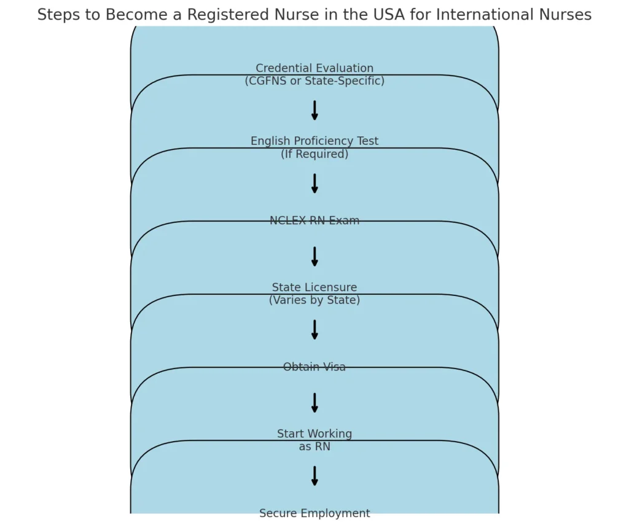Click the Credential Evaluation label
314,68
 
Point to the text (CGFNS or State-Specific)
314,81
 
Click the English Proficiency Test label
314,141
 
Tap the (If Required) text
314,154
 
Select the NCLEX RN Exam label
314,221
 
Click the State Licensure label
314,287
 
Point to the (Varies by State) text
314,300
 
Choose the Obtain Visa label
314,367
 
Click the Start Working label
314,434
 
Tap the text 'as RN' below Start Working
314,447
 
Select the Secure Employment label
314,513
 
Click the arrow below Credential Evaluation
314,111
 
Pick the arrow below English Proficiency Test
314,184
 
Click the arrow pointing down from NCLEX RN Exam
314,257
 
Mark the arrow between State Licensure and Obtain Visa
314,330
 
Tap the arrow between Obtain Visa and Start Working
314,403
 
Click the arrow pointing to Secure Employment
314,476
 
